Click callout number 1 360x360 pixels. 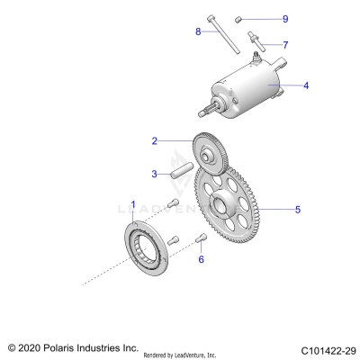click(133, 204)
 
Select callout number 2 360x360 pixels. click(155, 141)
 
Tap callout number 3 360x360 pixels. click(155, 173)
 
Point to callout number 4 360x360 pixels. click(306, 86)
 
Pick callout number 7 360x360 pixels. click(285, 44)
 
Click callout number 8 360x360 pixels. click(197, 32)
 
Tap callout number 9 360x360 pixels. click(285, 19)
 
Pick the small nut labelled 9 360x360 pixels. click(240, 18)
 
